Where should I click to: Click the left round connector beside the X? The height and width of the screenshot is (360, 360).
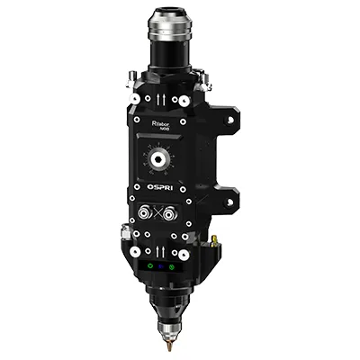pos(143,214)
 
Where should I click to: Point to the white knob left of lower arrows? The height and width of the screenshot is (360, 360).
pos(134,249)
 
